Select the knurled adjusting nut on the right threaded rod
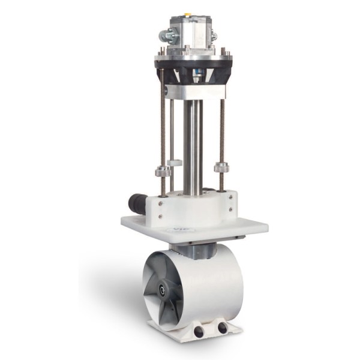click(x=221, y=166)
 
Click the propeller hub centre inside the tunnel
click(x=161, y=290)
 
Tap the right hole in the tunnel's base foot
click(x=223, y=328)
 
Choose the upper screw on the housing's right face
click(x=230, y=199)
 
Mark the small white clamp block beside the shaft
click(x=175, y=163)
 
